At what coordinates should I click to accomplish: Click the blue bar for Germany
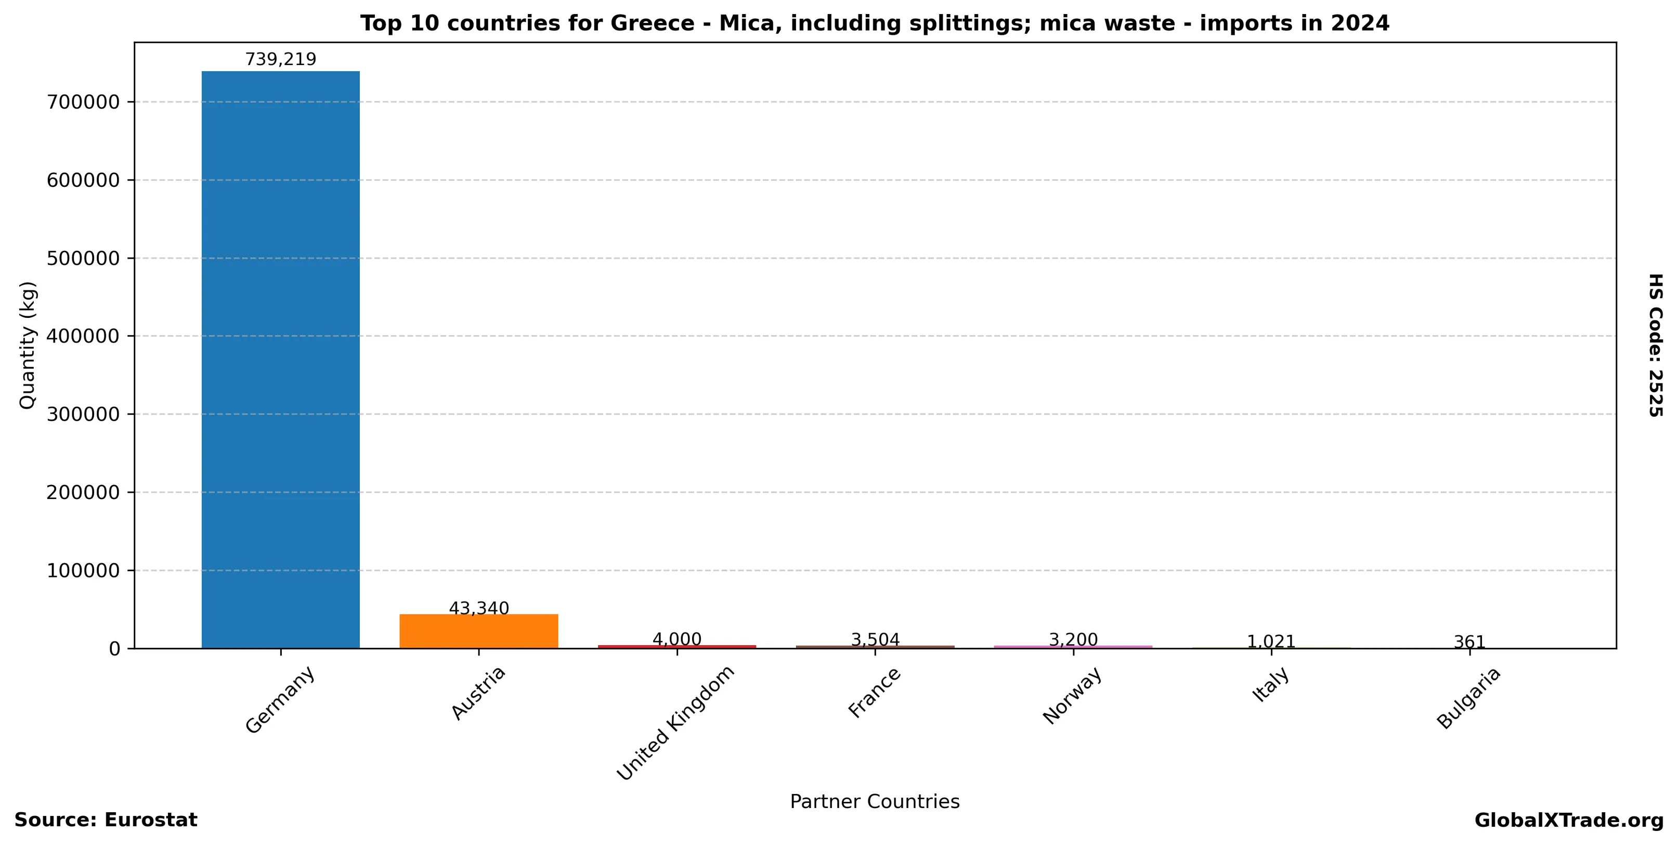[280, 359]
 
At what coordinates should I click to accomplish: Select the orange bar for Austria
[478, 631]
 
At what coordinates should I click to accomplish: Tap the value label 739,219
[280, 59]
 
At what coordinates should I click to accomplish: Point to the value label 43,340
[478, 608]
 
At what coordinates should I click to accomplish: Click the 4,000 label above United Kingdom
[676, 639]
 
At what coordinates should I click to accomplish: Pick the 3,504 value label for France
[875, 639]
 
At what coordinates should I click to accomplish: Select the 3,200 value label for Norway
[1073, 639]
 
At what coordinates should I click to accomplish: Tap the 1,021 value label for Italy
[1271, 642]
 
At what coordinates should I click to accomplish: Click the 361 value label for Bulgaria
[1469, 642]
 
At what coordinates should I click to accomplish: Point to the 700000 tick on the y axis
[83, 103]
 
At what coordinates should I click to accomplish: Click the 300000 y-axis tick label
[83, 415]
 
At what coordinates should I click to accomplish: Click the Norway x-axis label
[1073, 695]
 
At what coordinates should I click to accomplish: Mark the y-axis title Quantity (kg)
[28, 345]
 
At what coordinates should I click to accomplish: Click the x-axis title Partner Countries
[875, 801]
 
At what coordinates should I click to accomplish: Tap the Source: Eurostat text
[106, 820]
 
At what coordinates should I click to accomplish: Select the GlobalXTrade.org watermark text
[1569, 820]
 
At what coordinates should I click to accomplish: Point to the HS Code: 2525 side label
[1656, 345]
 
